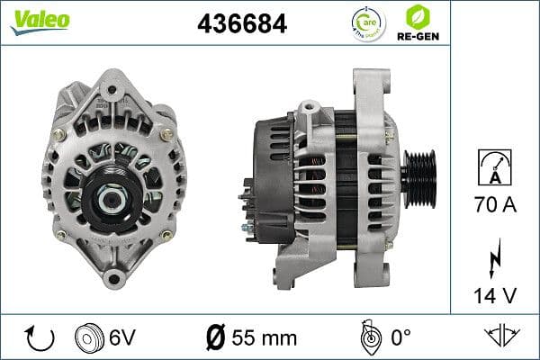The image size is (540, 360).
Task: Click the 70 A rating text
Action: tap(495, 206)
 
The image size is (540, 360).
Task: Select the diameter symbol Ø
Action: tap(215, 338)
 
